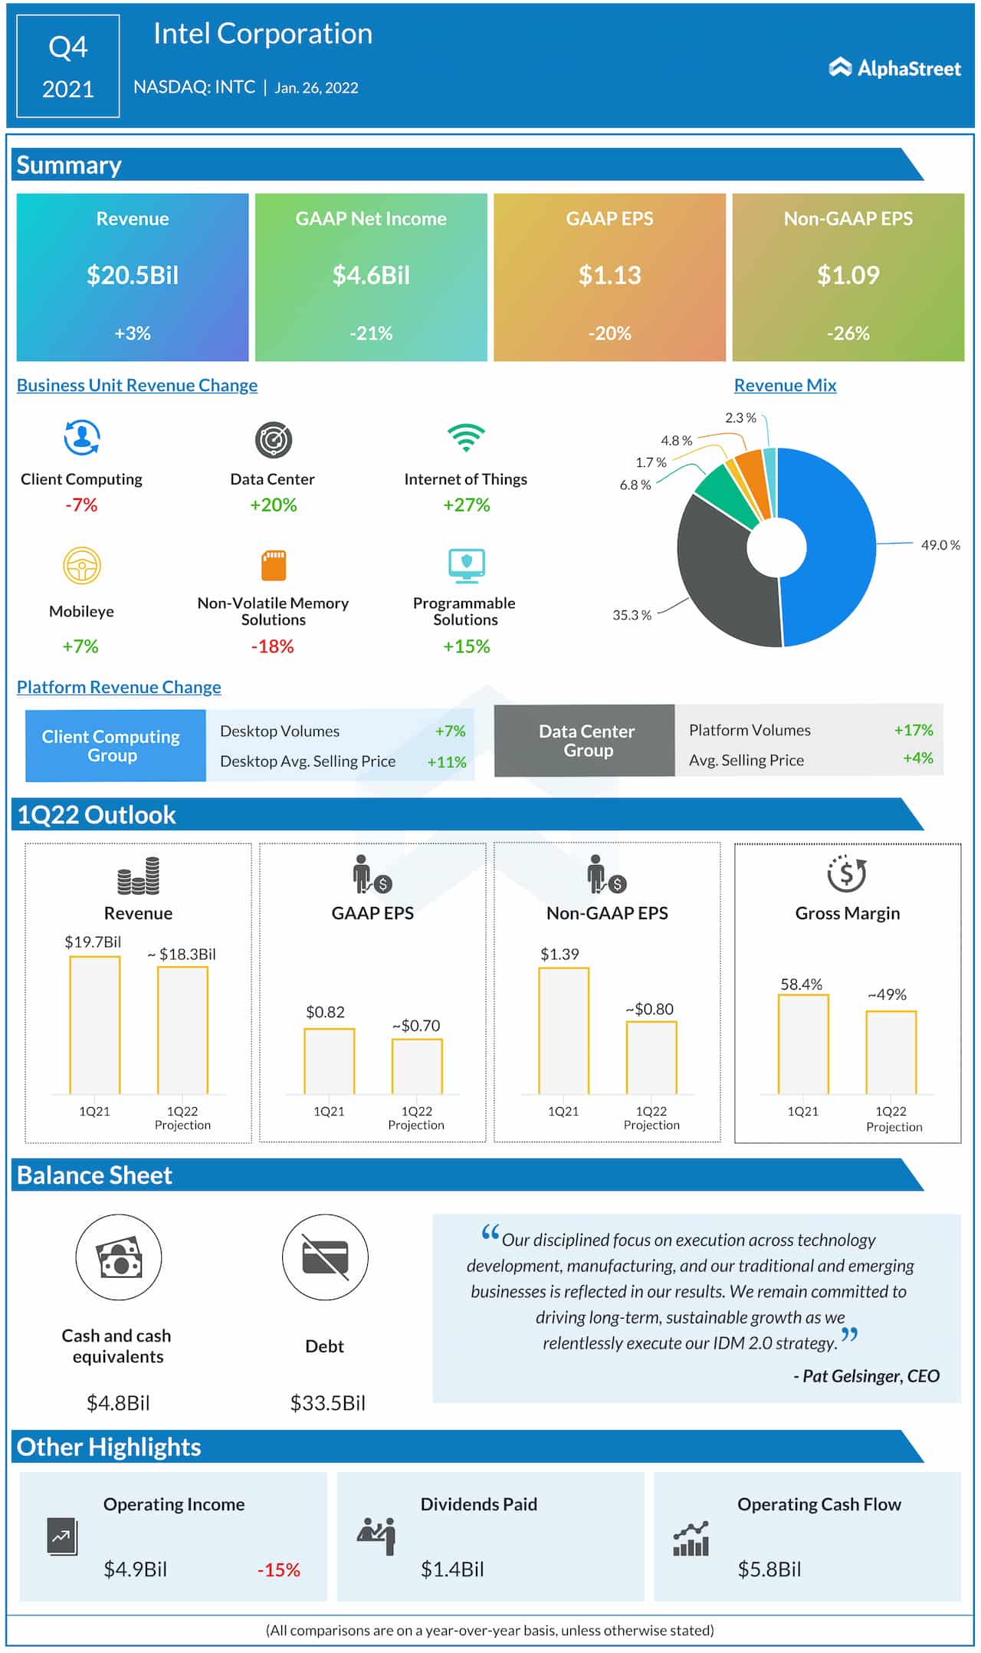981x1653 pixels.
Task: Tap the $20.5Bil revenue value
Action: click(x=133, y=275)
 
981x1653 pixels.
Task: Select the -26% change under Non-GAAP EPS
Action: click(x=848, y=334)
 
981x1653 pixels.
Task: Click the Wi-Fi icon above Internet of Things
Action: click(x=466, y=437)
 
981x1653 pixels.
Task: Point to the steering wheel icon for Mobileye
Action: click(x=81, y=567)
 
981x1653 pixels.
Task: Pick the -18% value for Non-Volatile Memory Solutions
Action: click(x=273, y=646)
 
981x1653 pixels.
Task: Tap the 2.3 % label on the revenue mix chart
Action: click(x=740, y=418)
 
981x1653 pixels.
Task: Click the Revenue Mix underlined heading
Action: click(x=785, y=386)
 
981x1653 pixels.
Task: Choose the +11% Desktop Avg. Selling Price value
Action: click(x=447, y=762)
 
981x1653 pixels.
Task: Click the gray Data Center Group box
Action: click(x=586, y=741)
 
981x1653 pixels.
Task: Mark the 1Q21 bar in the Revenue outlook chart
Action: click(x=95, y=1026)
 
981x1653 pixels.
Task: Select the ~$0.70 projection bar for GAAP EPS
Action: click(x=417, y=1066)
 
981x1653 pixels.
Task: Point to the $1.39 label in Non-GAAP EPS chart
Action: click(x=559, y=955)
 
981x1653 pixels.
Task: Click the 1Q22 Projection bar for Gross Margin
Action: click(x=891, y=1053)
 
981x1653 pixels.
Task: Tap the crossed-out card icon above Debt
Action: click(x=325, y=1257)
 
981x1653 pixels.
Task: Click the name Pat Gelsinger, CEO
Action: click(x=866, y=1376)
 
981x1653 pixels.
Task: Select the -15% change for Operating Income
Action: click(x=279, y=1570)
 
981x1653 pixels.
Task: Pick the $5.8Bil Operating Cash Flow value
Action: click(x=769, y=1569)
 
